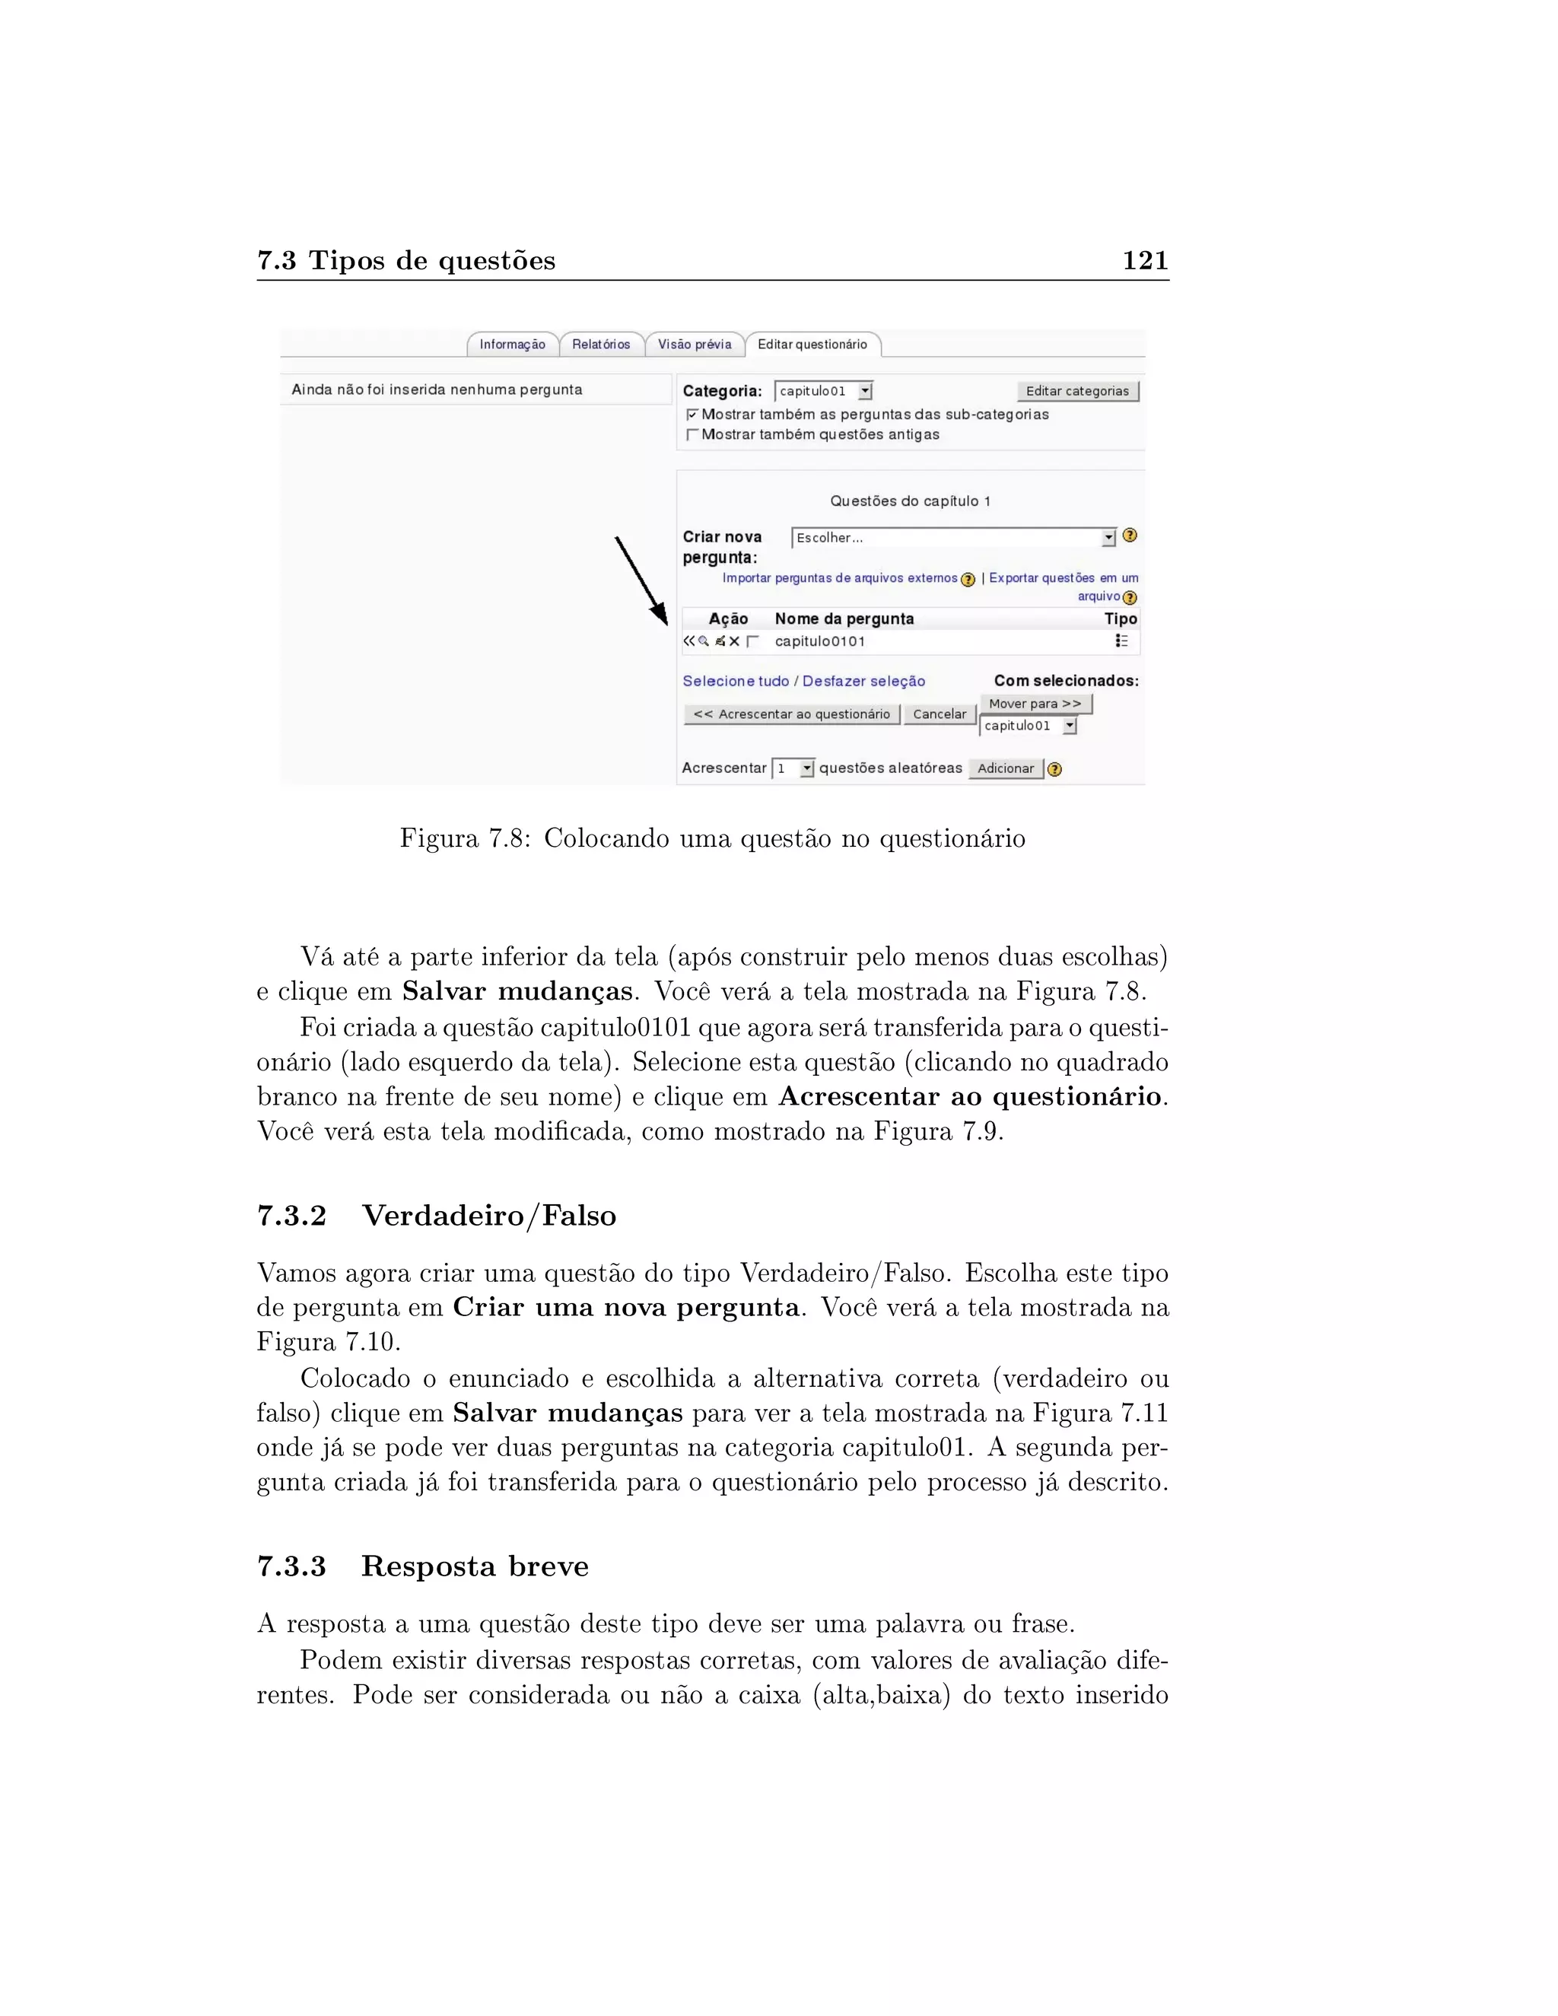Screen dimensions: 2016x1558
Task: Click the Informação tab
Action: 512,345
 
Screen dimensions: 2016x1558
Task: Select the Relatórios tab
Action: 601,345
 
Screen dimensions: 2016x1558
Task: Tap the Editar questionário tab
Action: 812,345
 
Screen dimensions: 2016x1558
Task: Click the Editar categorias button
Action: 1077,391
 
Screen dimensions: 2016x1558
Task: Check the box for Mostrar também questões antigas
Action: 692,434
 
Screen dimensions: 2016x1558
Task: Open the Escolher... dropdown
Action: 953,537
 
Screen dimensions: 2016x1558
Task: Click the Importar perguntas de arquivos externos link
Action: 839,578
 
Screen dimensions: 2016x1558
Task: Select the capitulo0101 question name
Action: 819,641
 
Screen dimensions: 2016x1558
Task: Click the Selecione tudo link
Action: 736,681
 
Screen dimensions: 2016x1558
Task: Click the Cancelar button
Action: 940,714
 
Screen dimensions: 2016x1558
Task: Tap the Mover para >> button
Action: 1035,704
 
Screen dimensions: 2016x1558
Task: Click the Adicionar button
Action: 1005,769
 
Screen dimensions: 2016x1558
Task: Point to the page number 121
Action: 1144,261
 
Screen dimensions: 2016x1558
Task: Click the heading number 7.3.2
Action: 291,1216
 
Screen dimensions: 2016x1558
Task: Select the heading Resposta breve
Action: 475,1566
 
